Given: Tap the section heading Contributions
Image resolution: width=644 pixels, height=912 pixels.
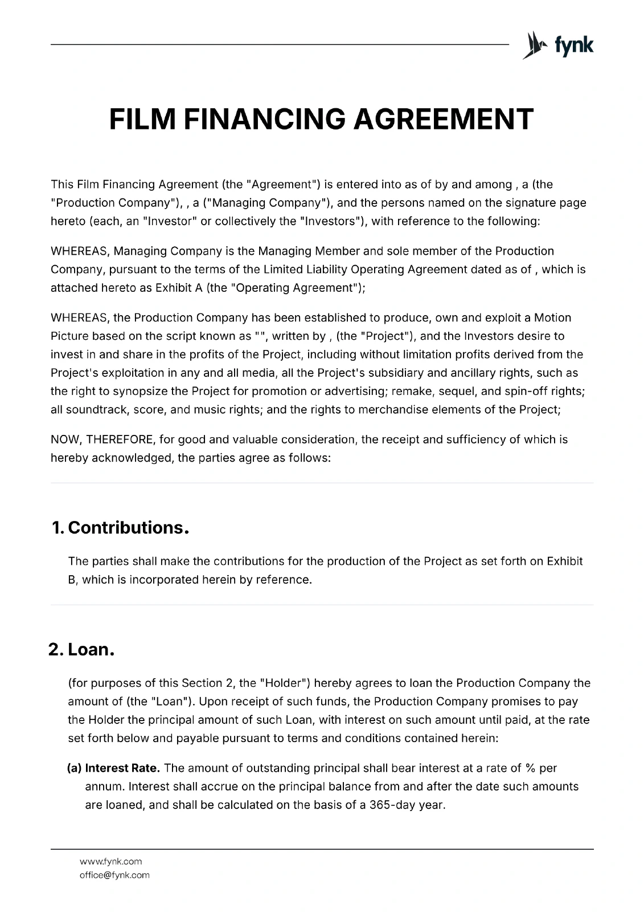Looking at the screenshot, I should pos(128,528).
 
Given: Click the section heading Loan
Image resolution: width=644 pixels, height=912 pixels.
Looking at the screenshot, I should pos(91,650).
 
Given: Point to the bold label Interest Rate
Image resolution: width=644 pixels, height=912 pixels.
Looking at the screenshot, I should pos(122,768).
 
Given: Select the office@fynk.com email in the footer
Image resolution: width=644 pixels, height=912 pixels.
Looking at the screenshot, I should pos(114,875).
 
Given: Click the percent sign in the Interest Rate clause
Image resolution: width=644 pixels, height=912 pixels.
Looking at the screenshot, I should pos(530,768).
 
